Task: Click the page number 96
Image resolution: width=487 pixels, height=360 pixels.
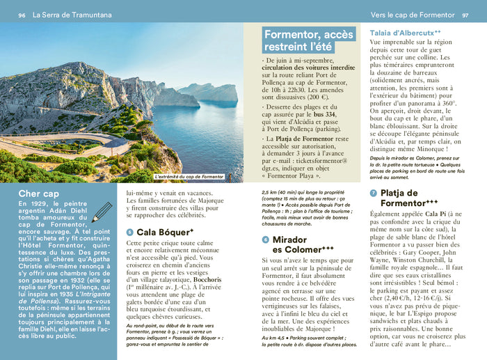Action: [x=22, y=15]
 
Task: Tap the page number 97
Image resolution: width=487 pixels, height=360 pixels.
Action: [x=465, y=15]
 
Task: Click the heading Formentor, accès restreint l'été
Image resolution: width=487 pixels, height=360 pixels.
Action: [x=308, y=40]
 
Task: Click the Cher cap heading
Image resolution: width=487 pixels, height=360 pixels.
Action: [x=39, y=194]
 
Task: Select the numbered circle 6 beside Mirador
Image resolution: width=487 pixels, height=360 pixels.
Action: [x=265, y=240]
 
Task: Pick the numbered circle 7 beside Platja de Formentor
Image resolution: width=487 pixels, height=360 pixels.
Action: [x=374, y=193]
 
